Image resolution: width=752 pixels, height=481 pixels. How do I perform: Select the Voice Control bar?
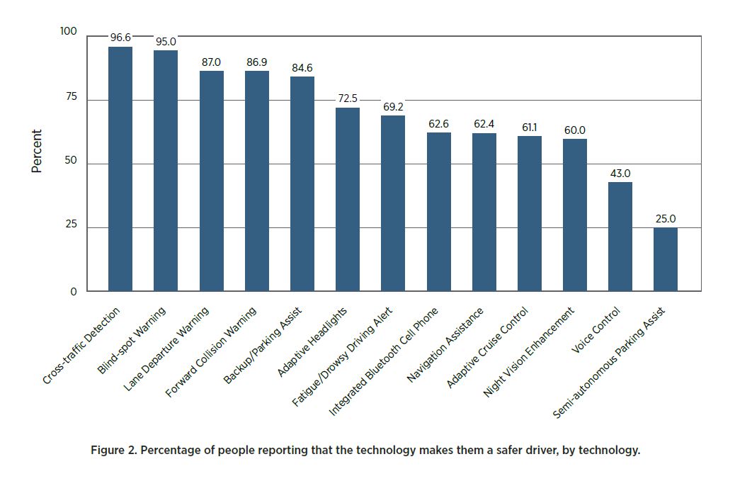click(620, 237)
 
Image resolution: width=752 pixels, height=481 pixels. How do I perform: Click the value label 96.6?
click(120, 37)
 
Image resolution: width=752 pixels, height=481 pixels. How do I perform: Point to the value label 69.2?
click(393, 106)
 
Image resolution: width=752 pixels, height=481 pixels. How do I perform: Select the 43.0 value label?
click(620, 173)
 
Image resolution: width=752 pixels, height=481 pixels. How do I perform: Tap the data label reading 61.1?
click(529, 127)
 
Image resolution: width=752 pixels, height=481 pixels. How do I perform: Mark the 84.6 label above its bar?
click(302, 68)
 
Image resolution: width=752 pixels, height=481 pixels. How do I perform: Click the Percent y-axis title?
click(37, 150)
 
